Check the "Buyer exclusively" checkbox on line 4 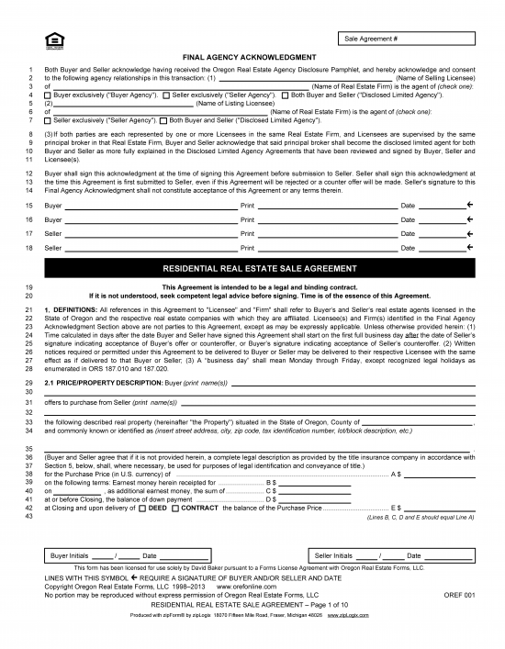[48, 95]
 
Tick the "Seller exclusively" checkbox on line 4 [166, 95]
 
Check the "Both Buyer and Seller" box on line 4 [285, 95]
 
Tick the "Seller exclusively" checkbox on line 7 [48, 120]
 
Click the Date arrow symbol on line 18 [469, 248]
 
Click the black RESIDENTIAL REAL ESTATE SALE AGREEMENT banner [252, 270]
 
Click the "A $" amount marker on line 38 [396, 474]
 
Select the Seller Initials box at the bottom [394, 555]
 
